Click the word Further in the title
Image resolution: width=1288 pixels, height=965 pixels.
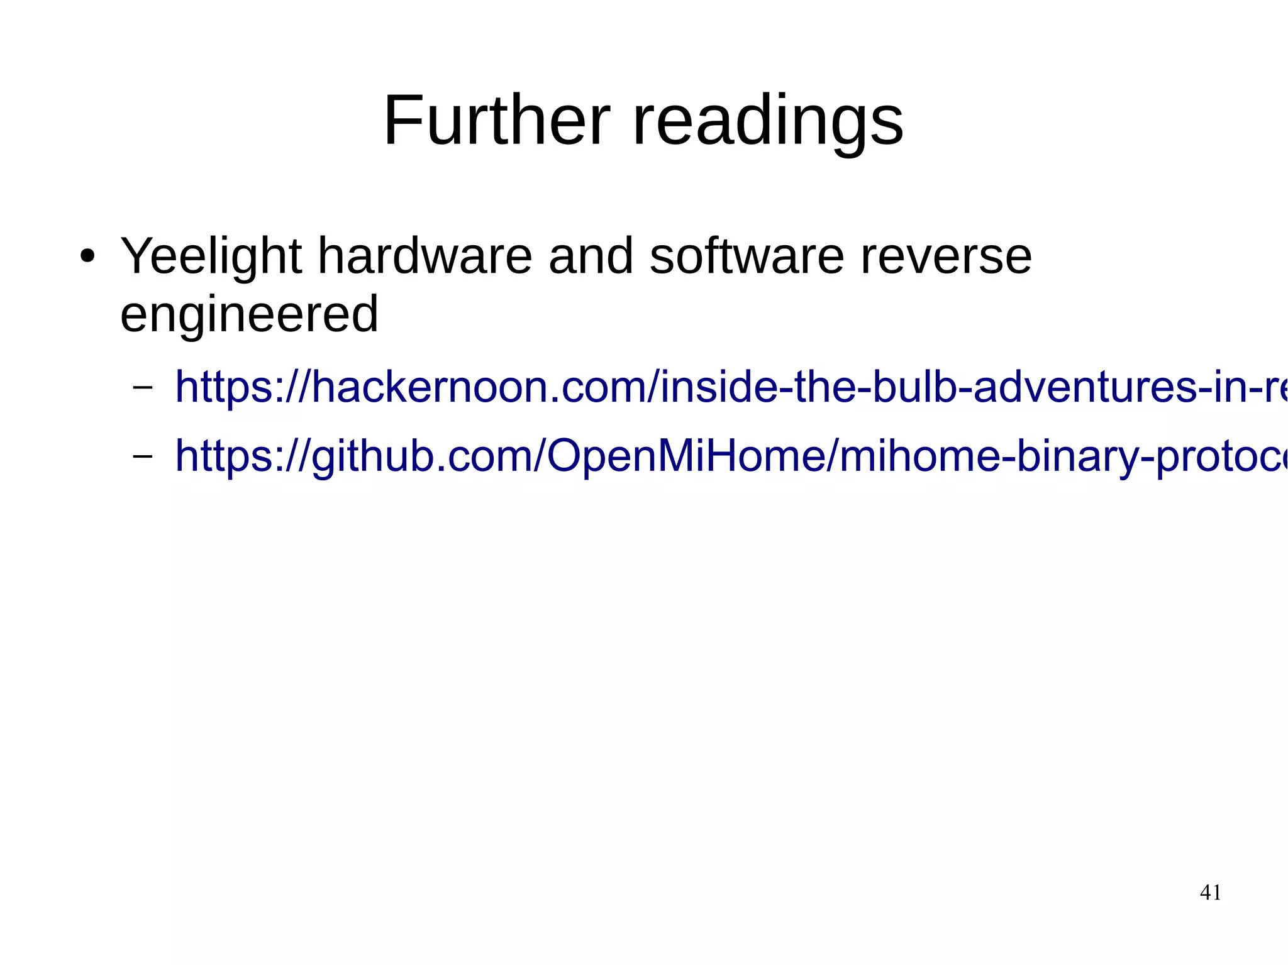(497, 120)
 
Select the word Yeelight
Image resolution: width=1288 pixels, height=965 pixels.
(211, 258)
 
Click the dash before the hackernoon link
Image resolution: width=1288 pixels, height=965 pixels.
(143, 387)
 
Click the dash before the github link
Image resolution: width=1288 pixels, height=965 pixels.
(143, 456)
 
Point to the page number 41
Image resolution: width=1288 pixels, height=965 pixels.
(1211, 892)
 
